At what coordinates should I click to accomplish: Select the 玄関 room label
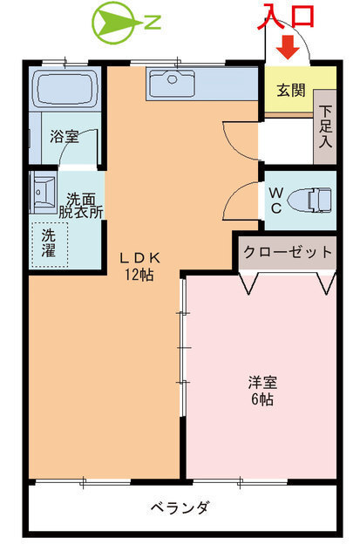tap(289, 91)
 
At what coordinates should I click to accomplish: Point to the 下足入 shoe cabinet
tap(325, 126)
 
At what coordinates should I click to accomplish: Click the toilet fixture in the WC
tap(310, 200)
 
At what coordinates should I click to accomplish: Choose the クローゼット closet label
tap(288, 252)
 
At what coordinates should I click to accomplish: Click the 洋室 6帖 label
tap(262, 390)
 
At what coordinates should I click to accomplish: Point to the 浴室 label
tap(63, 136)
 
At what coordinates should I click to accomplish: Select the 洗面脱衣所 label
tap(79, 204)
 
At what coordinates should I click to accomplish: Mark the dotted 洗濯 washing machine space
tap(50, 242)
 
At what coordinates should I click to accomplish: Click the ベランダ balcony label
tap(179, 507)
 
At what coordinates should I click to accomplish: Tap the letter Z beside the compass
tap(152, 23)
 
